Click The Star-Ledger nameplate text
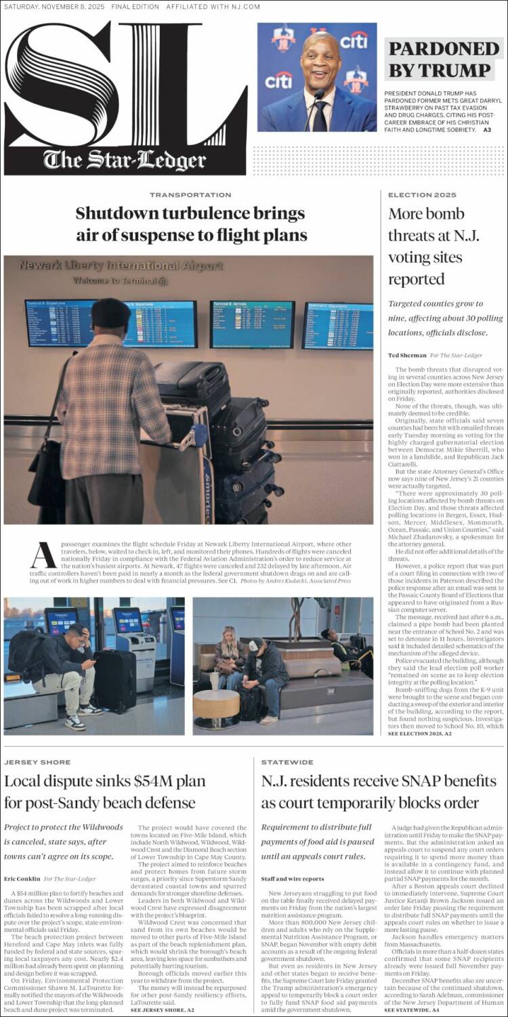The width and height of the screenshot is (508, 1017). (125, 160)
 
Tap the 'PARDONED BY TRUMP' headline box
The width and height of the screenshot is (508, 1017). (444, 59)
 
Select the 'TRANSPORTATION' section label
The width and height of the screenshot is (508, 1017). (190, 195)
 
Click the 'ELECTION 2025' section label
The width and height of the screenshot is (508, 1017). (413, 195)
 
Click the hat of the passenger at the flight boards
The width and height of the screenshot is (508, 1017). (111, 312)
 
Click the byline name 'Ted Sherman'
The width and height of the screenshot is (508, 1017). (407, 355)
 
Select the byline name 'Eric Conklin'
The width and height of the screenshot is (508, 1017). (22, 878)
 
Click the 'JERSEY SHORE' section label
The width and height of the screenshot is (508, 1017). (32, 762)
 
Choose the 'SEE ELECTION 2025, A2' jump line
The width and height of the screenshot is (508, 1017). (420, 733)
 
